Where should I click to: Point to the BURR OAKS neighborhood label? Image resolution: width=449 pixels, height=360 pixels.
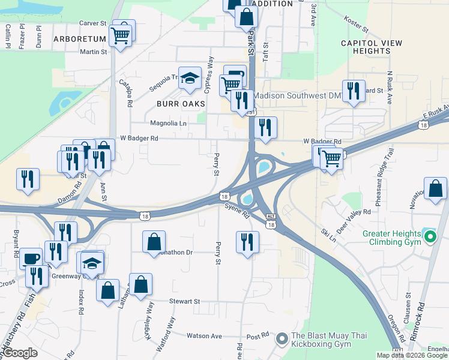(181, 104)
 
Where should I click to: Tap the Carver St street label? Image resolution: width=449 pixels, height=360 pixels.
(92, 23)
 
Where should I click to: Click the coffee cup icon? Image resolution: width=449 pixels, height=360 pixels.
(31, 258)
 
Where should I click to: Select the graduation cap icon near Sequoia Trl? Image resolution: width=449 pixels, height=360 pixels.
(190, 78)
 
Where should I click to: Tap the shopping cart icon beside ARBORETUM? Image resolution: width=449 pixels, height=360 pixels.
(121, 37)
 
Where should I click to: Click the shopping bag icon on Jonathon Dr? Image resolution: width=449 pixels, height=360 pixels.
(154, 242)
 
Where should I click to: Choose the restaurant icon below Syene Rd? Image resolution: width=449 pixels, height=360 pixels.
(247, 242)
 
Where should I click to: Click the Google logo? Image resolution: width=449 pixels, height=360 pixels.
(19, 353)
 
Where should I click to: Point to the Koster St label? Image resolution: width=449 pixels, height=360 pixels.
(356, 25)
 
